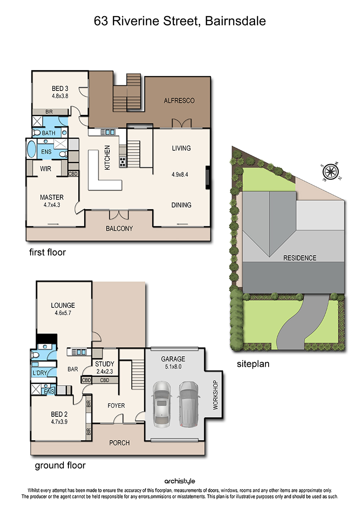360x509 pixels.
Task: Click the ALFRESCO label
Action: pos(179,101)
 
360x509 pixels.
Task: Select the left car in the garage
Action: pos(162,404)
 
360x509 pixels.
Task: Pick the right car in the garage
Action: pos(189,404)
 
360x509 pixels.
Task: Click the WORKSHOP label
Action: pos(215,395)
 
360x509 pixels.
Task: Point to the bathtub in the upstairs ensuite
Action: pos(31,149)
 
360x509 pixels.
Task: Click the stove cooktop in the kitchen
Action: pos(122,162)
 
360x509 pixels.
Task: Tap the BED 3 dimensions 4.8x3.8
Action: pos(60,96)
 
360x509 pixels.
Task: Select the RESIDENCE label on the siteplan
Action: pos(300,258)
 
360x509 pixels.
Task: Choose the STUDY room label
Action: pos(104,364)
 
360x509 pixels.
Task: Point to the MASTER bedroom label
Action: pos(52,198)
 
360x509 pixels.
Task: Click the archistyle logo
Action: pos(180,481)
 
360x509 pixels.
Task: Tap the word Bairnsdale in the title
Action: pos(235,21)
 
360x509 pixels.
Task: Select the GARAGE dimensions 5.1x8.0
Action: pos(173,367)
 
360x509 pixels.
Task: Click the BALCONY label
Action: pos(119,229)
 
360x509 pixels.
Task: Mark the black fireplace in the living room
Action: pos(208,178)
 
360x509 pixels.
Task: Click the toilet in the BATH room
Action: pos(36,132)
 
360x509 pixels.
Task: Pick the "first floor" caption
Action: pos(47,252)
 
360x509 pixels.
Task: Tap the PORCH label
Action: pos(119,443)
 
